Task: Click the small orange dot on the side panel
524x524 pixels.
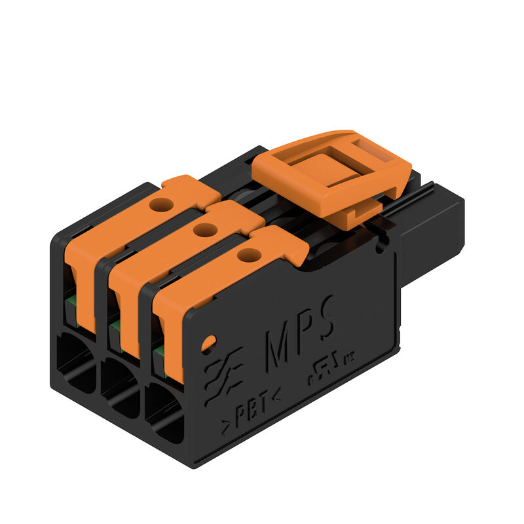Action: click(209, 342)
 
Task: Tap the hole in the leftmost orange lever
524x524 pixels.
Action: click(161, 205)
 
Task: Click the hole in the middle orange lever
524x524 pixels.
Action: click(205, 229)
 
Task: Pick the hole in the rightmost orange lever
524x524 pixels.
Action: click(249, 255)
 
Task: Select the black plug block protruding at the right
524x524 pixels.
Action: click(432, 229)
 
